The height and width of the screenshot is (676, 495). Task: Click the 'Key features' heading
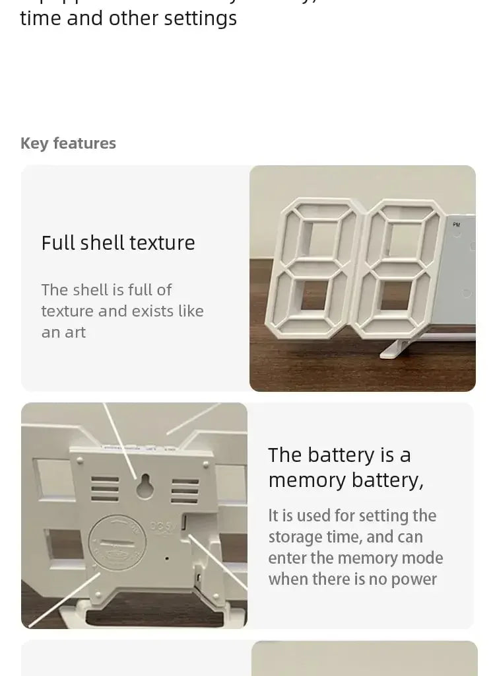[68, 143]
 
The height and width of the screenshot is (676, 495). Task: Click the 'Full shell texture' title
[118, 243]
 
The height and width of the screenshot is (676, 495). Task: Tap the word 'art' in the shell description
[75, 332]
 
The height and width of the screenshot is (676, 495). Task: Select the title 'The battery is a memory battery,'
[345, 467]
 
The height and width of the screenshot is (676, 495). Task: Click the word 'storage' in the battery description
[294, 537]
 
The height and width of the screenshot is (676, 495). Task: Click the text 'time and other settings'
[129, 19]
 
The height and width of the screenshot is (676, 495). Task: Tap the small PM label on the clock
[456, 225]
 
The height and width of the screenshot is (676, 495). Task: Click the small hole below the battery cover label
[166, 558]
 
